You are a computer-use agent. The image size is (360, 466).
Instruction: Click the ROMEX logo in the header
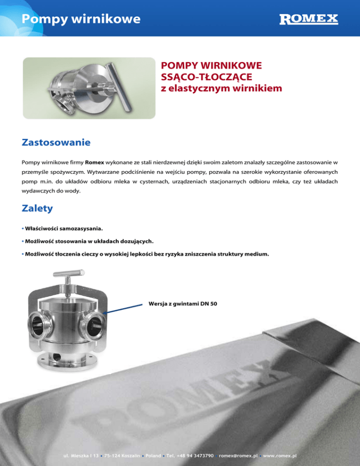(x=308, y=19)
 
